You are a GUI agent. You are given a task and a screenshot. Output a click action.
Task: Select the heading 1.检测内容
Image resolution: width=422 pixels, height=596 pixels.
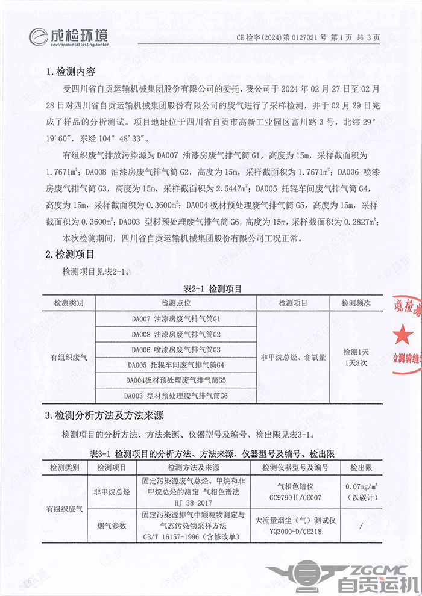(x=71, y=72)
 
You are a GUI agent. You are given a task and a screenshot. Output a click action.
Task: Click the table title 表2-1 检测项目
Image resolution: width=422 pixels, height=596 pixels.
(x=213, y=289)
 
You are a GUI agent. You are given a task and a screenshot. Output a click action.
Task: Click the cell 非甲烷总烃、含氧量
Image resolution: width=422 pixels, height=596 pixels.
(x=293, y=357)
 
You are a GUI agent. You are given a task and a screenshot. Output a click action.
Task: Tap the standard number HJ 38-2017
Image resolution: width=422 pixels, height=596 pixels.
(x=193, y=501)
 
